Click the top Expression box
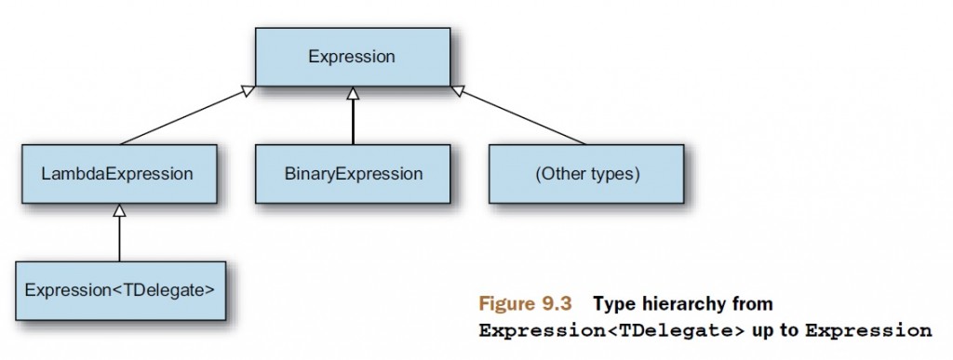tap(353, 57)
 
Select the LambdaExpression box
tap(119, 174)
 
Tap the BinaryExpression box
tap(353, 174)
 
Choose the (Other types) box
tap(586, 174)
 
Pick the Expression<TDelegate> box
tap(120, 291)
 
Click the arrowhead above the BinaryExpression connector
tap(353, 93)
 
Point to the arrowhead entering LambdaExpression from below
tap(119, 210)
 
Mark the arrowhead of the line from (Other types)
tap(457, 90)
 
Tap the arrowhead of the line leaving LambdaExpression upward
tap(248, 90)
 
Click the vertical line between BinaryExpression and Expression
tap(353, 122)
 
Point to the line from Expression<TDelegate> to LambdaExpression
tap(119, 239)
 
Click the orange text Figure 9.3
tap(525, 303)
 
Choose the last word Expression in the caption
tap(868, 331)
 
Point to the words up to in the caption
tap(775, 331)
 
